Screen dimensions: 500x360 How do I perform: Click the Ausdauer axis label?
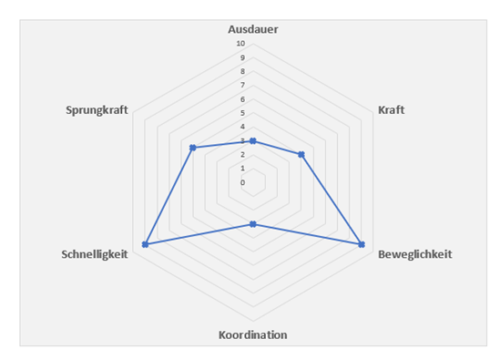pos(253,29)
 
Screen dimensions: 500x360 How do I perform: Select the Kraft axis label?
pos(391,110)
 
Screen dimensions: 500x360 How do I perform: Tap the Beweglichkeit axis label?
pos(414,253)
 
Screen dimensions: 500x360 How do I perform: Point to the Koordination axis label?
pos(253,334)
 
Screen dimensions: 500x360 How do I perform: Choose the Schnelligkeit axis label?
pos(95,253)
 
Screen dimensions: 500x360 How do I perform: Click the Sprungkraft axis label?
pos(97,110)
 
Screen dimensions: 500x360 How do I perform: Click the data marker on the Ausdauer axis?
pos(253,140)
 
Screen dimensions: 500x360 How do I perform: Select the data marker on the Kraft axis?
pos(301,154)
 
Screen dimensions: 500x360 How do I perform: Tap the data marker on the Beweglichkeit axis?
pos(362,244)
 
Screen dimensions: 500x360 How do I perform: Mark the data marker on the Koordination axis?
pos(253,224)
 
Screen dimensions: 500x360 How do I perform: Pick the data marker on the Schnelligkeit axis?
pos(145,244)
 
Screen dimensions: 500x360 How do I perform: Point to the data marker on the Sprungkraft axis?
pos(192,148)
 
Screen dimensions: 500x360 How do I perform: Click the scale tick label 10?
pos(240,44)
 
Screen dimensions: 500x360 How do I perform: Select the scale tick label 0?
pos(242,182)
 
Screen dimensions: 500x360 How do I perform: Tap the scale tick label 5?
pos(242,113)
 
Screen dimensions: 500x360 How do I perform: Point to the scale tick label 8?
pos(242,71)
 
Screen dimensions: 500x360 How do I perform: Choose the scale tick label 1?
pos(242,169)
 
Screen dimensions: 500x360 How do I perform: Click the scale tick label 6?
pos(242,99)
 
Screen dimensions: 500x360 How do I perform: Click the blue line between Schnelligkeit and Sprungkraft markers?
pos(168,196)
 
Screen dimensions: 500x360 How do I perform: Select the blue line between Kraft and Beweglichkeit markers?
pos(332,199)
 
